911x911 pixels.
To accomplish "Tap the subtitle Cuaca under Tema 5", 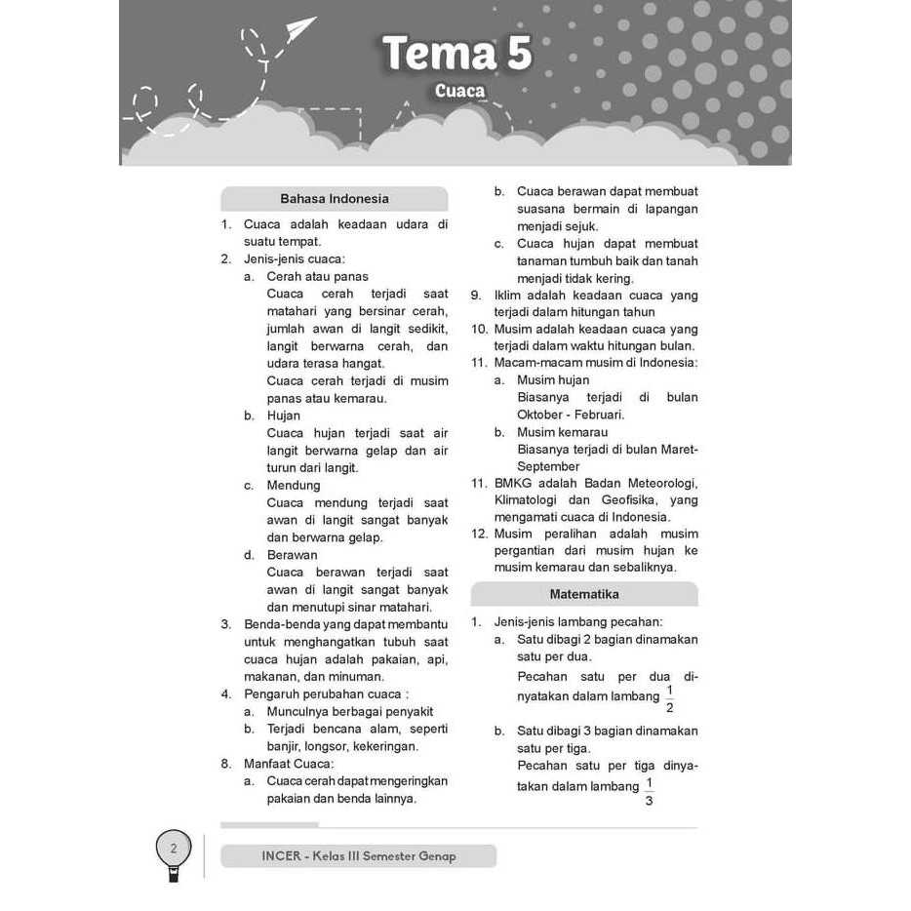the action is (x=459, y=92).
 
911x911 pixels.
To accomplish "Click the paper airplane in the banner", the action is (x=300, y=31).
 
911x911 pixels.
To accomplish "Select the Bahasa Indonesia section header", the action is (x=334, y=199).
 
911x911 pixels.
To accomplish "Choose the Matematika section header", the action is (x=583, y=594).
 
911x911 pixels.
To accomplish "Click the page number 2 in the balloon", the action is (x=174, y=848).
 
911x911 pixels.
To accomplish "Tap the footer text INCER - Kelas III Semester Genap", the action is (x=358, y=856).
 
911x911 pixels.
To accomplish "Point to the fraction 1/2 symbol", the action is (x=669, y=698).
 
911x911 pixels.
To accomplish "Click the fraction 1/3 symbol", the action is (x=649, y=791).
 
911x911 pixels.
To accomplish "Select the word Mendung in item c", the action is (x=294, y=485).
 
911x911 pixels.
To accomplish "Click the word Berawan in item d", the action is (x=293, y=555).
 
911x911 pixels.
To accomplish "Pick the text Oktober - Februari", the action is (x=571, y=415).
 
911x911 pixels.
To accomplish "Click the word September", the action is (x=548, y=466).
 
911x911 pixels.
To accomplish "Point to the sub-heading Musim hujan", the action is (x=553, y=380).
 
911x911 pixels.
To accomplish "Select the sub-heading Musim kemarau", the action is (x=562, y=432).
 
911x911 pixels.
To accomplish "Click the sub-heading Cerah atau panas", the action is (x=317, y=276).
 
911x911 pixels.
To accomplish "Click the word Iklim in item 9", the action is (x=507, y=295).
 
